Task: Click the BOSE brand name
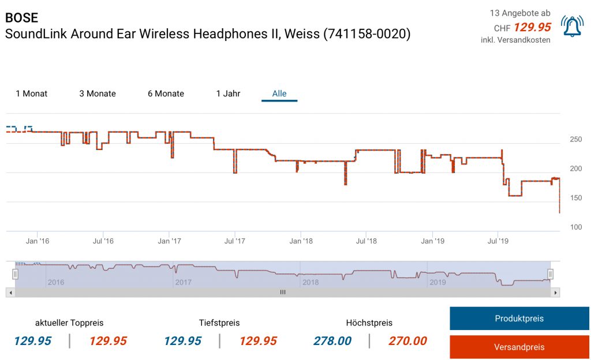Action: coord(21,18)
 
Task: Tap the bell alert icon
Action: coord(572,27)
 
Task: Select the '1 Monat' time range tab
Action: coord(32,93)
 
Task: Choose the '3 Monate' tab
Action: coord(98,93)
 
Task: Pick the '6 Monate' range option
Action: coord(166,93)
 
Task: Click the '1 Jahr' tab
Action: coord(228,93)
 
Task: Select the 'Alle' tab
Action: coord(279,93)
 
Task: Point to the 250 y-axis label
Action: coord(575,140)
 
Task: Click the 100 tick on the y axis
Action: coord(575,227)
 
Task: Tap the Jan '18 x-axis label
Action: coord(301,241)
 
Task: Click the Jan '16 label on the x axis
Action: coord(37,241)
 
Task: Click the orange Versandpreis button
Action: coord(519,347)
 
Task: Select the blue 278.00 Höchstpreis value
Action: coord(332,341)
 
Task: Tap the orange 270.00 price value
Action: coord(407,341)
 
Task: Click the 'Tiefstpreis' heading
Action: coord(219,322)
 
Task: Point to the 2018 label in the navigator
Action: coord(311,282)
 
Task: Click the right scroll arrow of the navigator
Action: coord(555,292)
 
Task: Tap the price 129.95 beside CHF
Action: coord(532,27)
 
